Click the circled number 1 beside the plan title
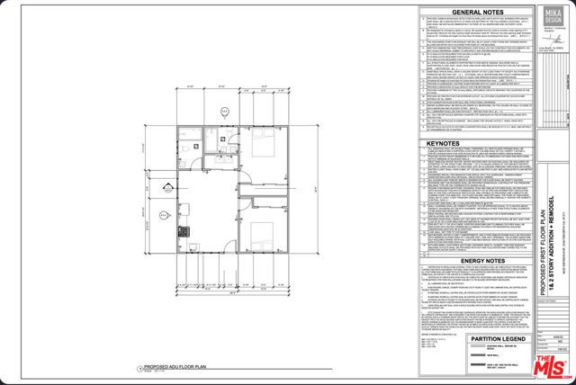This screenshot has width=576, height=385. (140, 368)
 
